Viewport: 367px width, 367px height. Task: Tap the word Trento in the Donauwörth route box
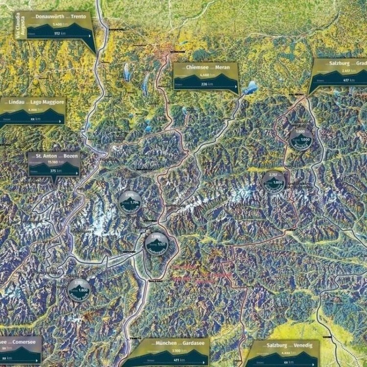click(78, 16)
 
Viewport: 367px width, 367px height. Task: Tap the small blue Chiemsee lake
click(251, 88)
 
